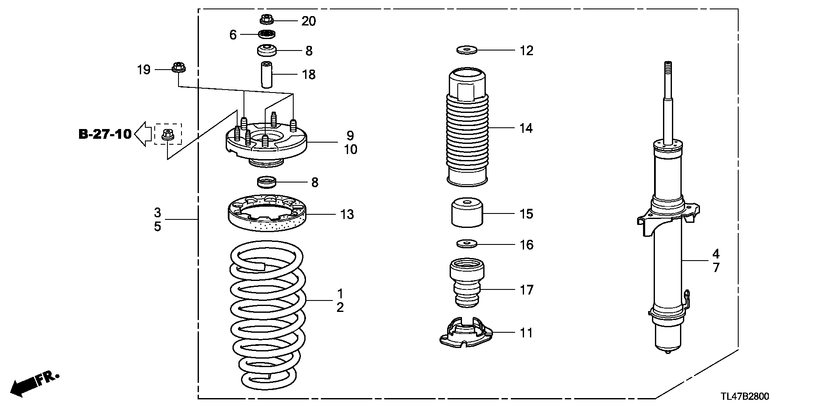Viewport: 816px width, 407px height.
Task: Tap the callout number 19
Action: click(x=144, y=70)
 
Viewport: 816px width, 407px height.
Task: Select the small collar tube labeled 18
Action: click(x=267, y=75)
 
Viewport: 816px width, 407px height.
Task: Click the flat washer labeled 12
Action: click(x=467, y=50)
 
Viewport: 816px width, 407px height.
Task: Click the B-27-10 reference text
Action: click(x=105, y=135)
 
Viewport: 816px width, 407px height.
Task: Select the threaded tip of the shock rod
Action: click(x=667, y=68)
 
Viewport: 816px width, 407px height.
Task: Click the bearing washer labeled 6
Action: click(x=267, y=34)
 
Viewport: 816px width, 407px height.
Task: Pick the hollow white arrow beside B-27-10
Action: click(x=144, y=134)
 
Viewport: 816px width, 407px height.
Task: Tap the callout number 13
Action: click(x=347, y=214)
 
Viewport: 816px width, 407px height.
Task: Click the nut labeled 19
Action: click(x=178, y=67)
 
